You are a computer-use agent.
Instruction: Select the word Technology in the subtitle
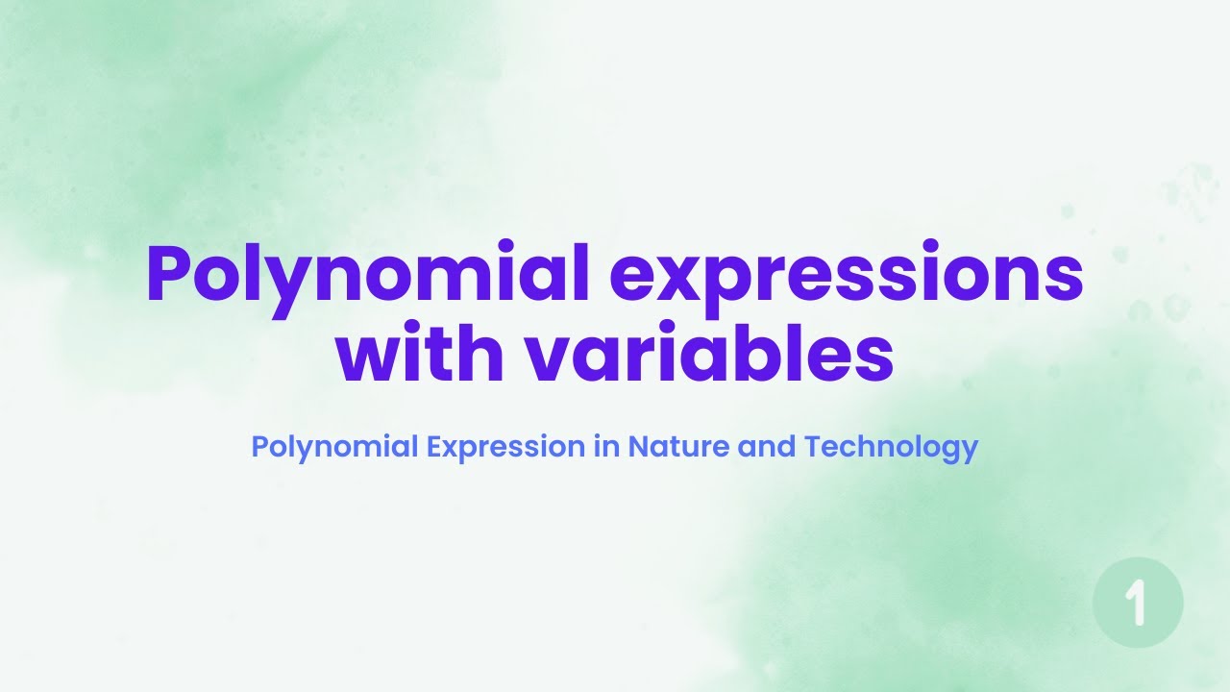coord(891,448)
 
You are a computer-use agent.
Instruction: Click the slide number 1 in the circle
coord(1138,604)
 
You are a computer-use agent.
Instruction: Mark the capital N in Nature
coord(638,447)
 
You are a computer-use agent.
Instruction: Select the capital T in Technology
coord(812,447)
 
